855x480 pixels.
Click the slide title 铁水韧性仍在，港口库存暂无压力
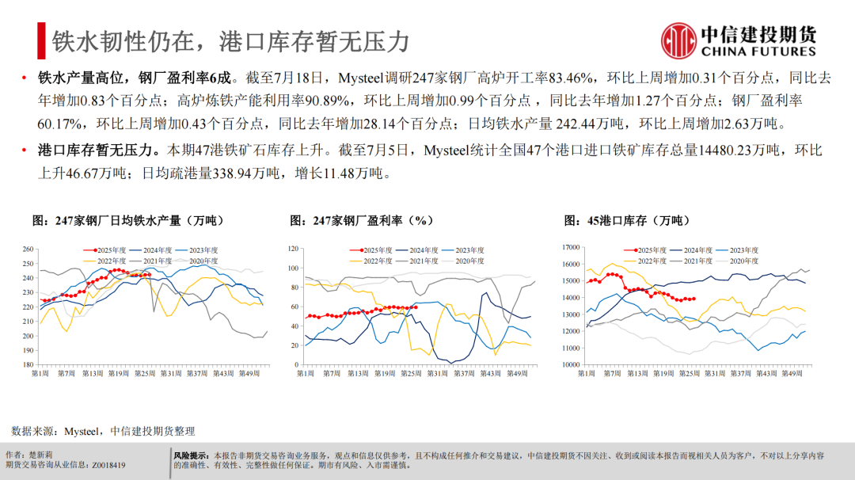pyautogui.click(x=230, y=40)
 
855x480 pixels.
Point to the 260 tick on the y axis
pyautogui.click(x=28, y=248)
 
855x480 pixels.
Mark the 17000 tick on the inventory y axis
pyautogui.click(x=570, y=247)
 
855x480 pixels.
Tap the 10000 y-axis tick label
pyautogui.click(x=570, y=365)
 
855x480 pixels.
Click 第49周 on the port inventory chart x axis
pyautogui.click(x=792, y=374)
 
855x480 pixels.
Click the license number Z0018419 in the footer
pyautogui.click(x=108, y=466)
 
